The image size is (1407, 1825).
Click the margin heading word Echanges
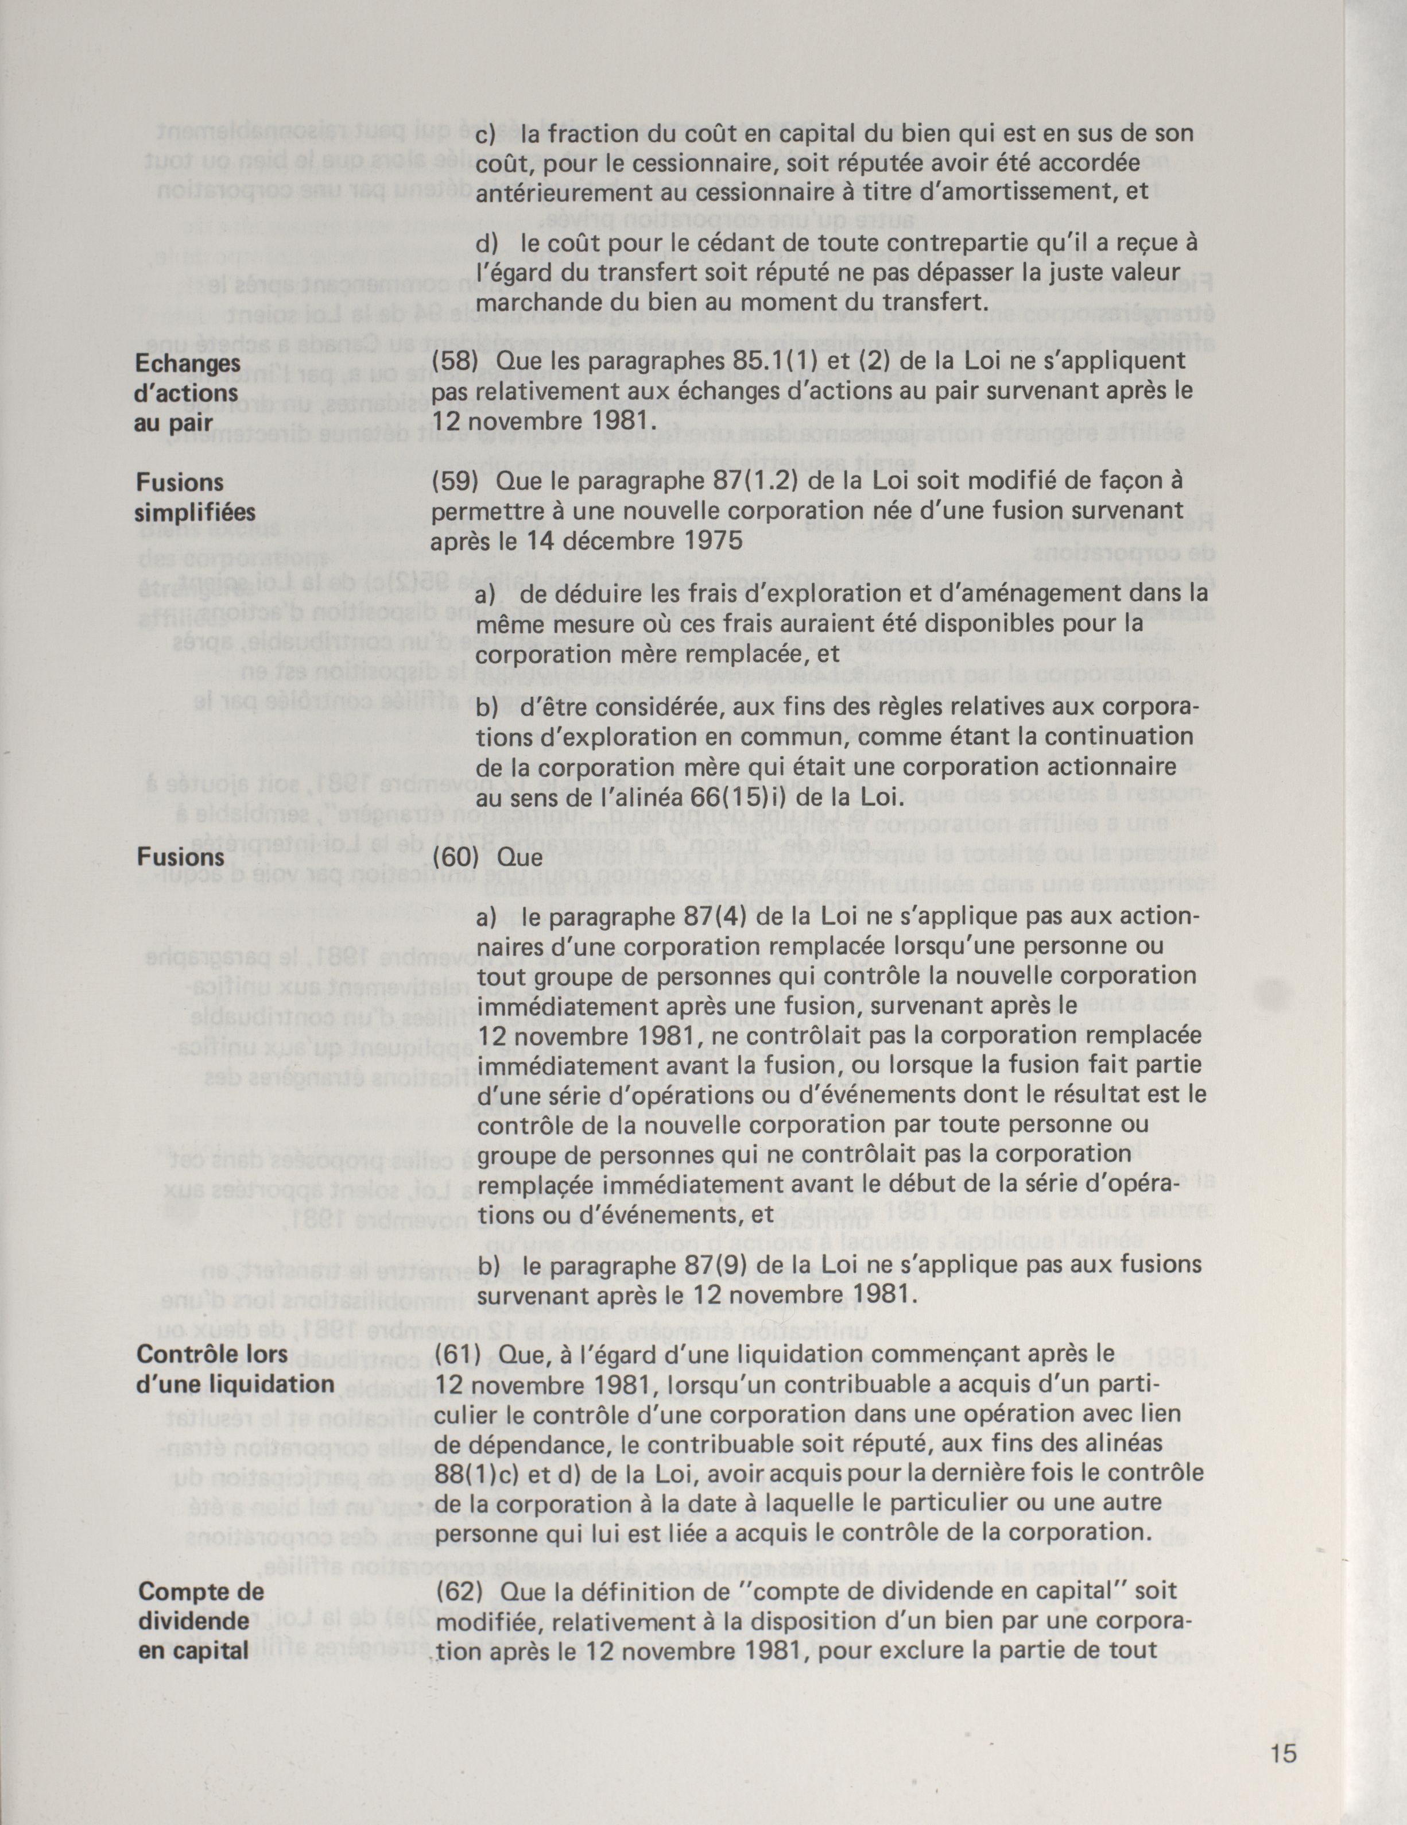[x=188, y=364]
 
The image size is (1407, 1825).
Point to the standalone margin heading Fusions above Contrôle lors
[x=180, y=857]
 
